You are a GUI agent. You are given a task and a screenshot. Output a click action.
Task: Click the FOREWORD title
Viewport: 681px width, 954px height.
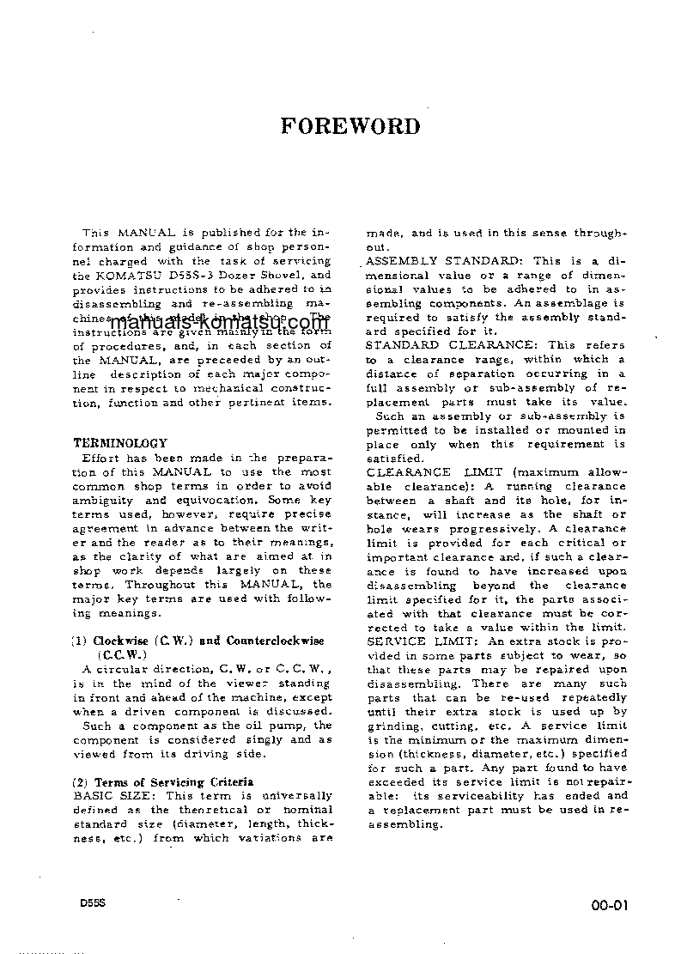tap(350, 127)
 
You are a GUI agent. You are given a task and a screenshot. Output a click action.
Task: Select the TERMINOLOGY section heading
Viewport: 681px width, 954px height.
tap(119, 443)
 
